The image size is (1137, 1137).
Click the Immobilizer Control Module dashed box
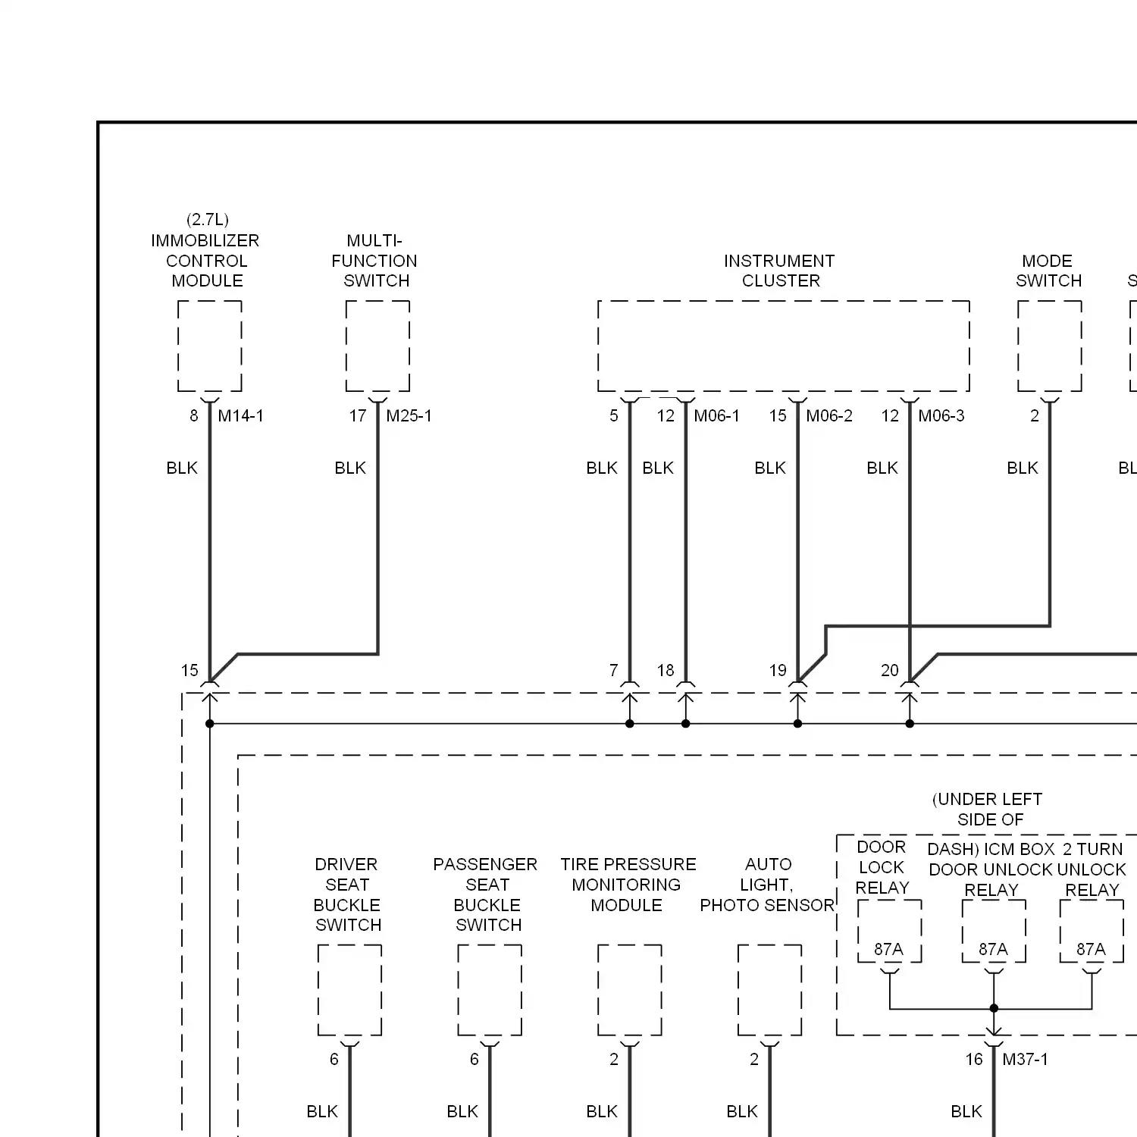[x=210, y=346]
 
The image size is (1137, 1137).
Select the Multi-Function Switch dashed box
[x=377, y=346]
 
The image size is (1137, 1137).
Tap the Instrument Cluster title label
[x=780, y=271]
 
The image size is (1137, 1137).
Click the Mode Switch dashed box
[x=1049, y=346]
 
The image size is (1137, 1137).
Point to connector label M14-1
[x=240, y=416]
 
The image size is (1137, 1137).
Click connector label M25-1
[x=409, y=416]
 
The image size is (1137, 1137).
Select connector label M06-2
[x=828, y=416]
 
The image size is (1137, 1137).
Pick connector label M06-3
[x=941, y=416]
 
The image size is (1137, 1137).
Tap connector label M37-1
[x=1025, y=1060]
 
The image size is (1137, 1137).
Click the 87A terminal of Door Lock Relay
[x=888, y=950]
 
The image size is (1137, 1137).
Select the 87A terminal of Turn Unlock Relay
[x=1091, y=950]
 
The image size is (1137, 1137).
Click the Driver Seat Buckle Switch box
[x=349, y=990]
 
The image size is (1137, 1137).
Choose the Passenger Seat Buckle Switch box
[x=490, y=990]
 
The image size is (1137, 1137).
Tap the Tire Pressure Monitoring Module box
[x=630, y=990]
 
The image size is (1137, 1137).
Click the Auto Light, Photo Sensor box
[x=769, y=990]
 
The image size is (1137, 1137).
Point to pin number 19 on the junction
[x=778, y=671]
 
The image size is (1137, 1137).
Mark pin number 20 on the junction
[x=889, y=671]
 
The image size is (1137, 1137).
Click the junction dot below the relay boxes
[x=994, y=1008]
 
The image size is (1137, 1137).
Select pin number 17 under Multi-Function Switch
[x=358, y=416]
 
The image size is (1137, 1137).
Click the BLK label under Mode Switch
[x=1022, y=468]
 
